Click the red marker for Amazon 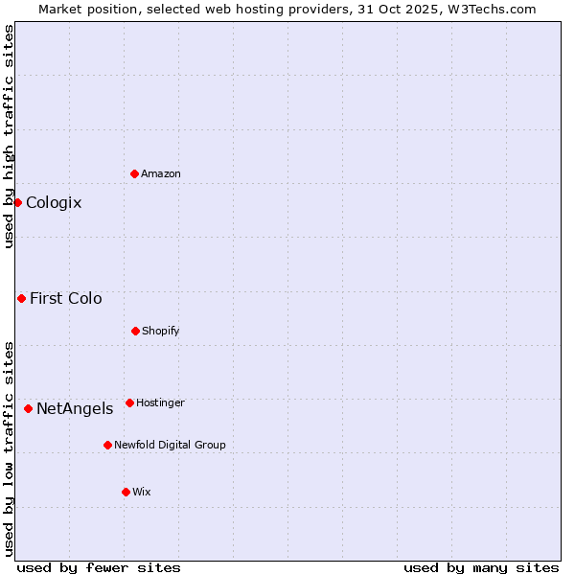134,173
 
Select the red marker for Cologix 17,202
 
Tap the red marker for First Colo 21,298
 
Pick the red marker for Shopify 135,331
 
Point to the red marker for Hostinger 129,402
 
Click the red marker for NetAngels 28,408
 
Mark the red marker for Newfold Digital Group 107,445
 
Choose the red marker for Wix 126,492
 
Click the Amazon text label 161,173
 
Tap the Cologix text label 54,202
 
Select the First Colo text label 66,298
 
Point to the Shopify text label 161,331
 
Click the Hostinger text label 160,402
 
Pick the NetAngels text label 75,408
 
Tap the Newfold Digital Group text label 170,445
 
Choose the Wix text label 142,492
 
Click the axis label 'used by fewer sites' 99,567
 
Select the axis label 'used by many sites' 481,567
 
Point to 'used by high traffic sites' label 9,137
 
